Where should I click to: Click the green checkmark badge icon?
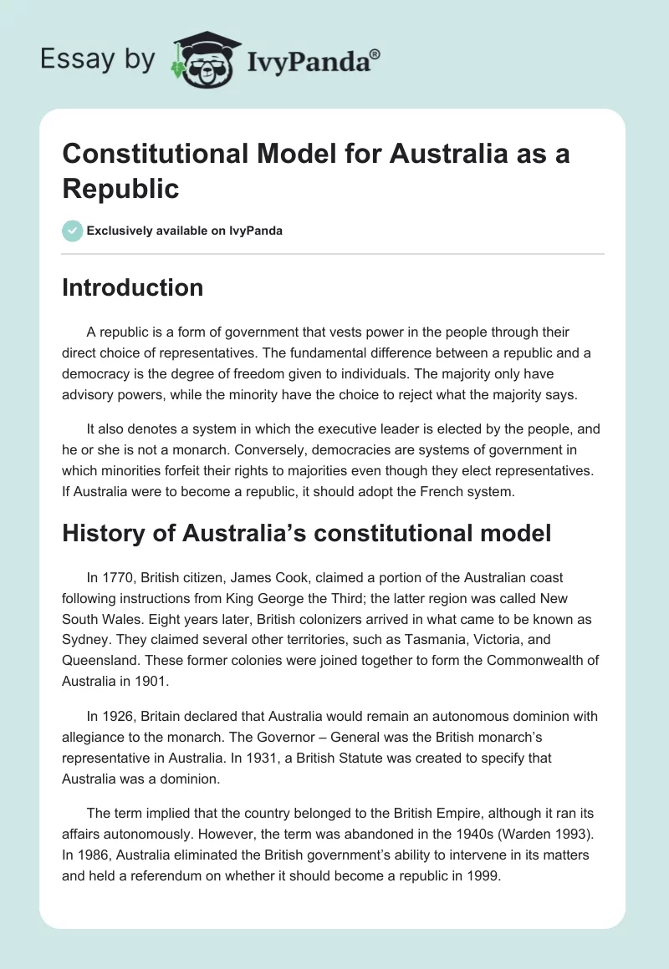click(73, 231)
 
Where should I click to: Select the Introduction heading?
click(132, 287)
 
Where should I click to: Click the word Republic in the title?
click(120, 189)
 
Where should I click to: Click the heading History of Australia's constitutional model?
click(306, 533)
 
